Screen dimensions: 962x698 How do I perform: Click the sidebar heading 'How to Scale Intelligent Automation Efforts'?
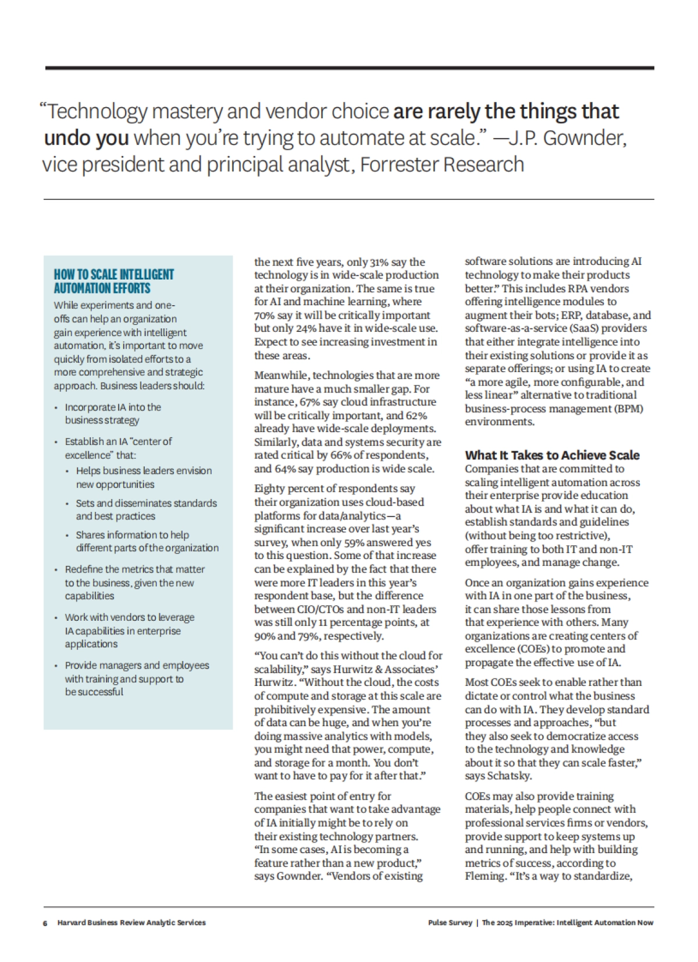click(x=114, y=281)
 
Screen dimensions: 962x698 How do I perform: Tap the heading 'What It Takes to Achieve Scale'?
click(x=552, y=455)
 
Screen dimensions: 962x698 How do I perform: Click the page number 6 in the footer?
click(x=45, y=922)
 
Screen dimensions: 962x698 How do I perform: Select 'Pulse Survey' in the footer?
click(x=450, y=922)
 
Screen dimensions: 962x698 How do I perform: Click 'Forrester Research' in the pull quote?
click(x=442, y=165)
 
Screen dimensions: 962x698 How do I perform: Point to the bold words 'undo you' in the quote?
click(x=86, y=139)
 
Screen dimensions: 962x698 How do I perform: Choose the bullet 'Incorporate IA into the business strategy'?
click(x=113, y=413)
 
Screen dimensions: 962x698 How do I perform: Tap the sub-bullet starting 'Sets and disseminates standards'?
click(x=146, y=510)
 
